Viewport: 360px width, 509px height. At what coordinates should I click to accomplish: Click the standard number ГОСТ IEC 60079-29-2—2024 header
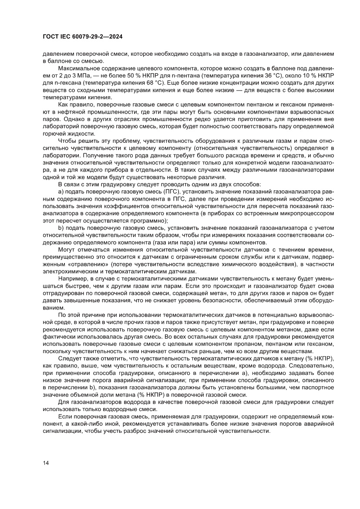click(82, 37)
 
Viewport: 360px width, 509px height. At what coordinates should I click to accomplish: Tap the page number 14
click(46, 462)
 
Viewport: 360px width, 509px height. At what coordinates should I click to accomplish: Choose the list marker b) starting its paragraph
click(61, 228)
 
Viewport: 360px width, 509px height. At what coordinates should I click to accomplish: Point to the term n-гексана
click(61, 82)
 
